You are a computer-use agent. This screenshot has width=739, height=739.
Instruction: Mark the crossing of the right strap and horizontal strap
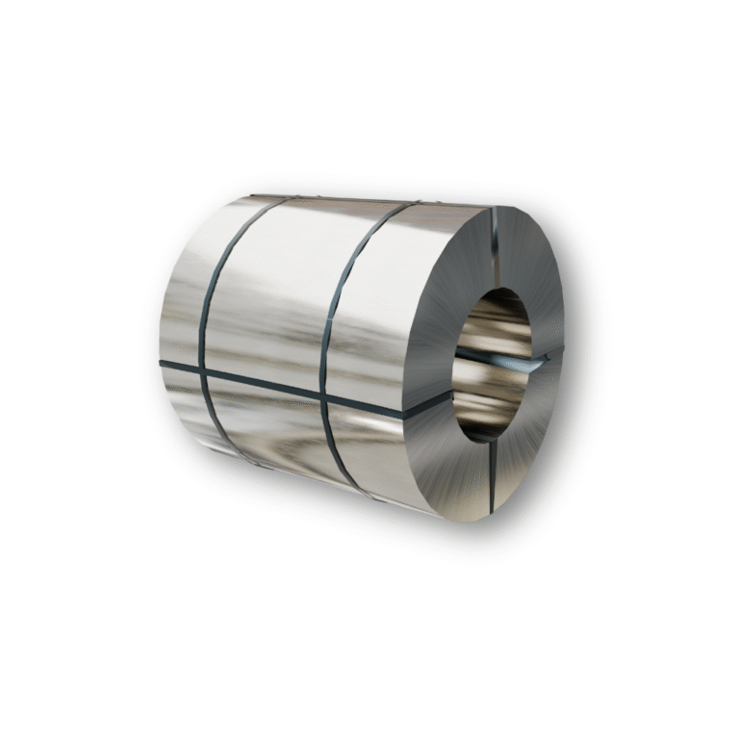(327, 394)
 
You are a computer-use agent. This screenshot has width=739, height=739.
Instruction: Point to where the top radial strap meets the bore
(493, 289)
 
